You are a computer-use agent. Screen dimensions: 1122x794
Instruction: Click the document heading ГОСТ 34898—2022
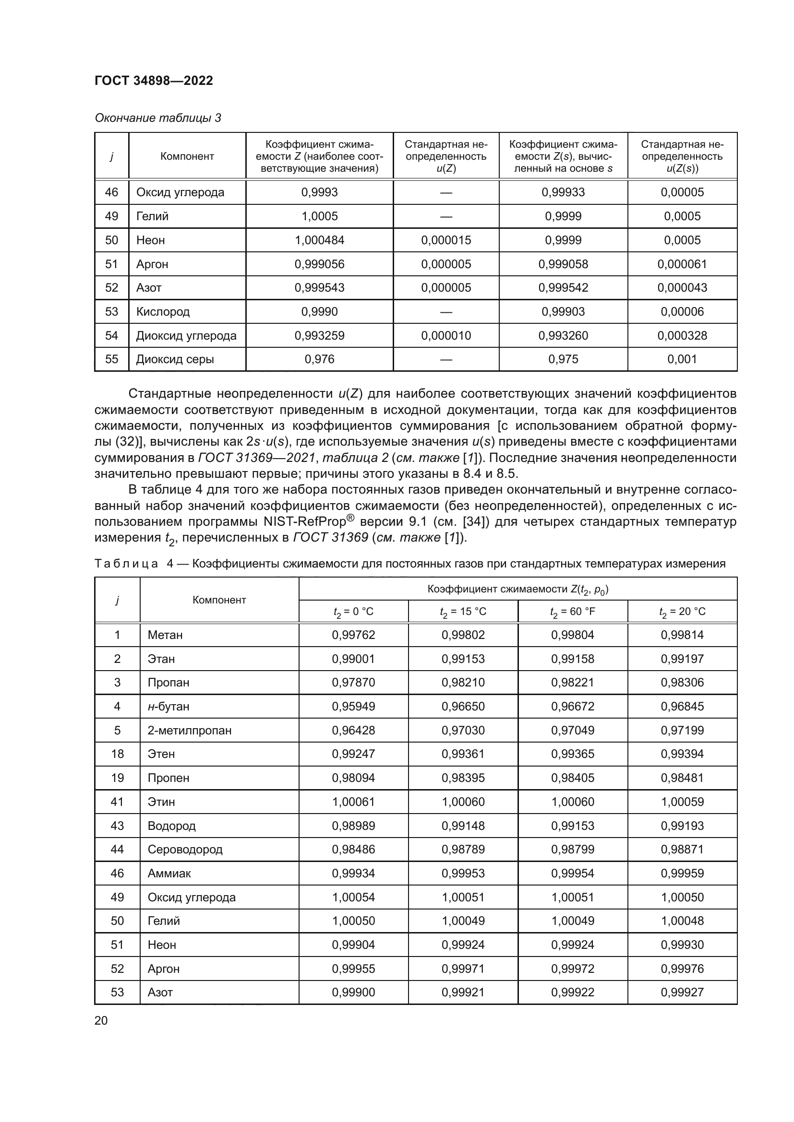pos(154,81)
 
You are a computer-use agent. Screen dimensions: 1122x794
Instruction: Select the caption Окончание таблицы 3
pos(157,118)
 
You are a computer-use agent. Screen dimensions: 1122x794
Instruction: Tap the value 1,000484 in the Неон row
pos(319,240)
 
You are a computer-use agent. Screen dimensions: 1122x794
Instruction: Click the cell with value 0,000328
pos(682,336)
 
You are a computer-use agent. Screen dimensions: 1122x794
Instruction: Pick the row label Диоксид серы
pos(175,359)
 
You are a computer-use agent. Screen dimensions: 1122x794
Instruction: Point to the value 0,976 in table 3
pos(319,359)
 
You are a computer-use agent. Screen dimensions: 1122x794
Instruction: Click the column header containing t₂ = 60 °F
pos(573,612)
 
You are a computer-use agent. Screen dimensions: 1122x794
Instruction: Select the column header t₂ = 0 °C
pos(353,612)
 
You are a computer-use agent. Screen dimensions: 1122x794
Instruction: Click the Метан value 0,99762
pos(353,635)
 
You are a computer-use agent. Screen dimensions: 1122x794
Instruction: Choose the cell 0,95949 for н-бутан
pos(353,707)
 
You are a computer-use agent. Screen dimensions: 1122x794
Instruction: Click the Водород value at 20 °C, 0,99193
pos(682,826)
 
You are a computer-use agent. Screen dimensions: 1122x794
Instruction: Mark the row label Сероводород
pos(185,850)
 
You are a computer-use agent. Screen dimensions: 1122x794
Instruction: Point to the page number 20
pos(101,1020)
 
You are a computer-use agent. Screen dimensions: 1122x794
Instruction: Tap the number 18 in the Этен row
pos(117,754)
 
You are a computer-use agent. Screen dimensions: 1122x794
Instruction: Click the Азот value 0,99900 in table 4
pos(353,992)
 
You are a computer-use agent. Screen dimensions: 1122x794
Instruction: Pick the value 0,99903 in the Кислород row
pos(563,312)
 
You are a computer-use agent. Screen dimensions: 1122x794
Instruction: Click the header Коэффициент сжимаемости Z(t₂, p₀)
pos(517,590)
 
